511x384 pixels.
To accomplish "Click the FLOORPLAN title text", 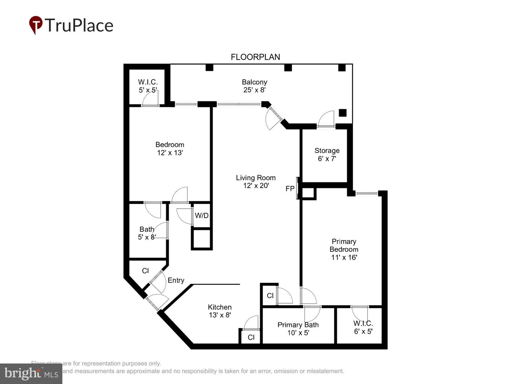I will click(255, 57).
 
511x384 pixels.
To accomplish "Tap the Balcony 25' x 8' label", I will click(254, 86).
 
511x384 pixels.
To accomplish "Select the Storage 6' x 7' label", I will click(327, 155).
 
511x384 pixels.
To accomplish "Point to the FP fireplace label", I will click(290, 188).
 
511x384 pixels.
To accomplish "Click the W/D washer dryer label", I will click(202, 215).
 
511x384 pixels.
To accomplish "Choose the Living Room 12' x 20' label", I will click(255, 181).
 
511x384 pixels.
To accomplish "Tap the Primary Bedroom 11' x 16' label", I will click(344, 249).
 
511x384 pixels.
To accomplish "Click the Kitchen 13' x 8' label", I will click(220, 311).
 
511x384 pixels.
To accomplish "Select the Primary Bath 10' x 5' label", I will click(298, 329).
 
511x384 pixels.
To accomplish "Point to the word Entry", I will click(176, 280).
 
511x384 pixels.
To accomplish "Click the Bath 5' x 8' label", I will click(147, 233).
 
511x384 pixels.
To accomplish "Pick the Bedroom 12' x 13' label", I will click(170, 149).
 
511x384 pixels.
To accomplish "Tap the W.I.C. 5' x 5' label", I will click(148, 86).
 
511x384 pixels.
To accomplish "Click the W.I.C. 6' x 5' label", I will click(363, 327).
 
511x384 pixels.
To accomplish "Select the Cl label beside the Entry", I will click(145, 271).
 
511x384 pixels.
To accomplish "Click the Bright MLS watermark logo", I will click(31, 374).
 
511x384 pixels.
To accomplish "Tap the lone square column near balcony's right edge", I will click(342, 113).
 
